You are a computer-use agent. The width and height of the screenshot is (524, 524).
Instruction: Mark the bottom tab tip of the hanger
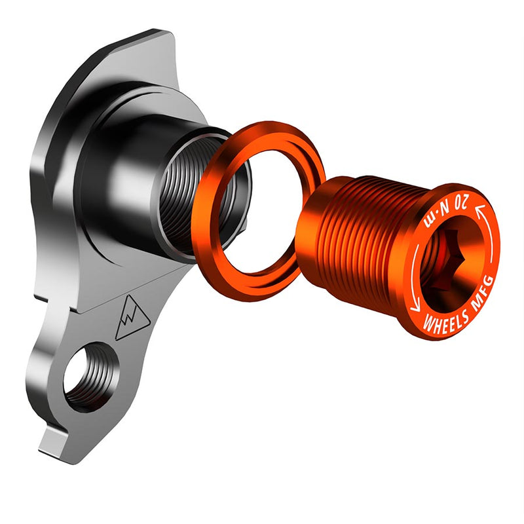coord(49,449)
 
